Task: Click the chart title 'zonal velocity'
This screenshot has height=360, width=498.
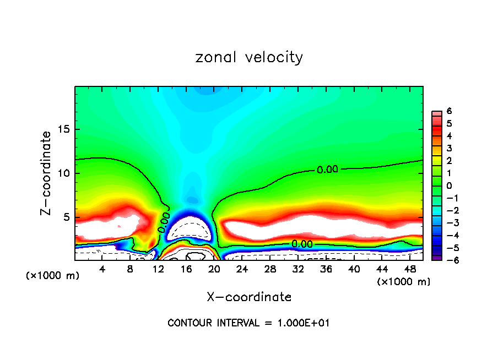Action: click(249, 57)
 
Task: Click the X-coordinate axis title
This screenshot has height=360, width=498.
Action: click(249, 297)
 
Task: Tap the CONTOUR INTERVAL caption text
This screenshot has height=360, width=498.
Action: click(248, 323)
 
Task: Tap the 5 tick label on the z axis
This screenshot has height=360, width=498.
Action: click(68, 217)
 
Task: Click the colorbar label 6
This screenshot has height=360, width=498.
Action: click(450, 111)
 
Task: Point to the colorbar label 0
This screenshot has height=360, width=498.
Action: click(450, 186)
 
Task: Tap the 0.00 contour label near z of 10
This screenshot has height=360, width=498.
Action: click(327, 170)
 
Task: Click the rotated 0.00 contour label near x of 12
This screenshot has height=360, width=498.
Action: click(164, 222)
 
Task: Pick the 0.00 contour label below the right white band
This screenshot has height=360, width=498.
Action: click(302, 244)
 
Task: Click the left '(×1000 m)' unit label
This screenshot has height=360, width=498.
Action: click(53, 276)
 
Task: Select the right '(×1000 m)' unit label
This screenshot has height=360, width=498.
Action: click(403, 282)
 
